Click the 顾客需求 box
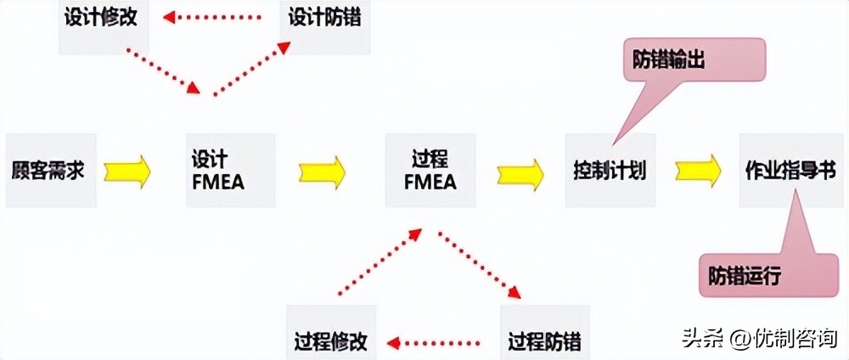coord(48,171)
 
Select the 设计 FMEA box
coord(217,171)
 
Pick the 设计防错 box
coord(323,19)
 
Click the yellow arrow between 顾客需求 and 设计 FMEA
coord(127,171)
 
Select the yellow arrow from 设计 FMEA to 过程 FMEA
coord(322,171)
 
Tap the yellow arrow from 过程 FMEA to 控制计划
coord(520,171)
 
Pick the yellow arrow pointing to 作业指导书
coord(699,171)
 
